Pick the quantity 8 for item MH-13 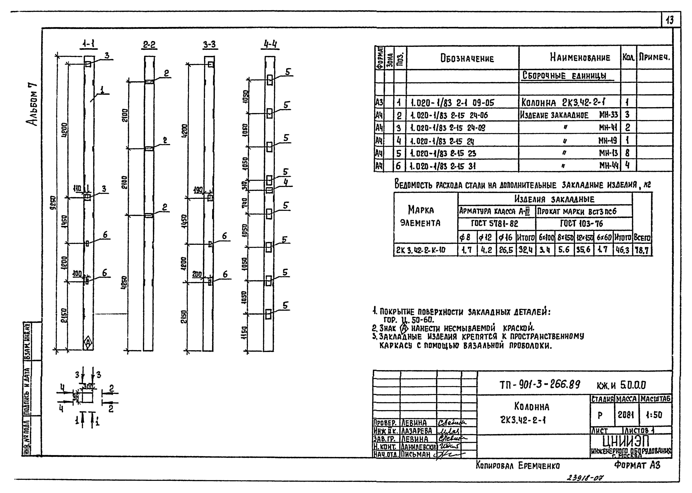pyautogui.click(x=627, y=153)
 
